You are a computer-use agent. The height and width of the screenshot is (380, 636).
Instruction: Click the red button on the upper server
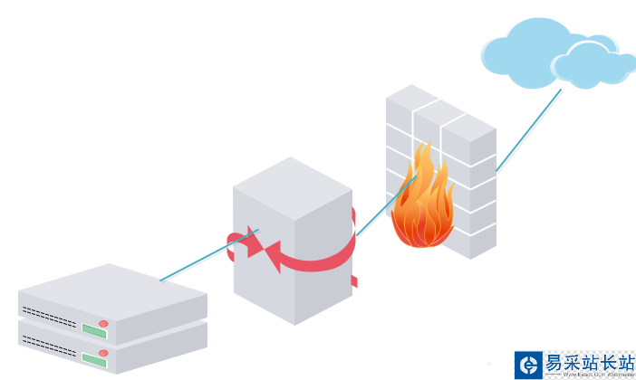[x=103, y=323]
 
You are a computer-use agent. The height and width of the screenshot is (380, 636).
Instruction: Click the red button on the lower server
[x=103, y=352]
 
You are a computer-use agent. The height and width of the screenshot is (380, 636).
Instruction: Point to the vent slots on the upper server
[x=49, y=314]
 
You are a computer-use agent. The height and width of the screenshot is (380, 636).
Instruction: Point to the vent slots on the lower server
[x=49, y=343]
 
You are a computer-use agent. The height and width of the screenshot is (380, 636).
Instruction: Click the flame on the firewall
[x=422, y=204]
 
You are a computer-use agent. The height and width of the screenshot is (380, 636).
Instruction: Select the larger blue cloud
[x=524, y=45]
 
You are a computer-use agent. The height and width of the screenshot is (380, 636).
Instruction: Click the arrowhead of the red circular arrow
[x=269, y=251]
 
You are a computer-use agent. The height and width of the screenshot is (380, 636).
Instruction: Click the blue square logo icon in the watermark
[x=527, y=364]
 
